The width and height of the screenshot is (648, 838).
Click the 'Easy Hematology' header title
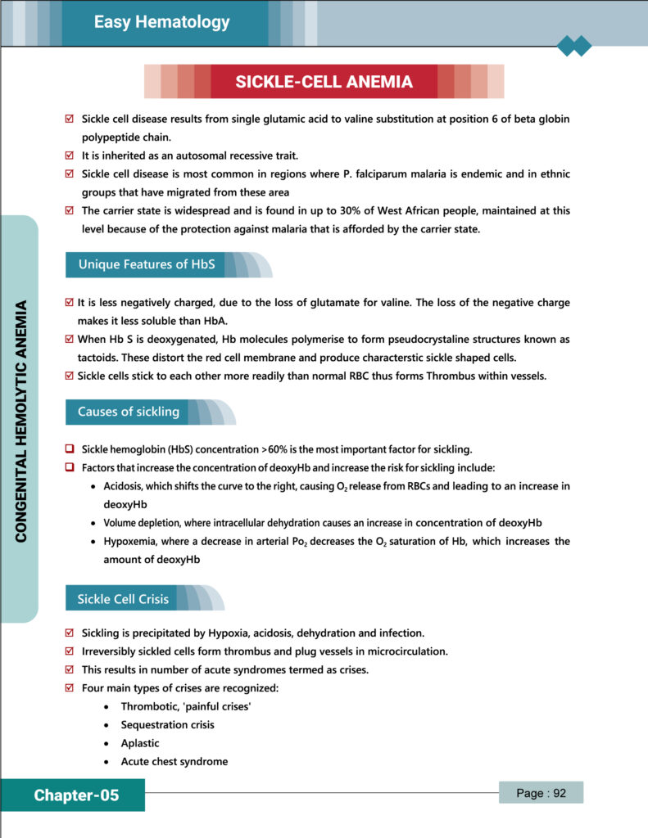tap(161, 22)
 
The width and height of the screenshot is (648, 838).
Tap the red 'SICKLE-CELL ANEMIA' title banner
tap(324, 82)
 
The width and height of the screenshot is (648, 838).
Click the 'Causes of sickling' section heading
tap(128, 412)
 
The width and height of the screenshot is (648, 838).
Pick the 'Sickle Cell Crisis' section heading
tap(123, 598)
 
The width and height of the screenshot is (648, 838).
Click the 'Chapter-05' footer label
tap(76, 795)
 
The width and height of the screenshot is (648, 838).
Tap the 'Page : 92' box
tap(542, 793)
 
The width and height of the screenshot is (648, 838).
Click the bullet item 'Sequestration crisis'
tap(167, 725)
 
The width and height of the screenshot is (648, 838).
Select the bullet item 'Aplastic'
tap(140, 743)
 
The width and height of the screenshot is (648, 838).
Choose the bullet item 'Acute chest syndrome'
tap(174, 761)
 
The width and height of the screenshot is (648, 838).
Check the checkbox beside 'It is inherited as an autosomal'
tap(70, 155)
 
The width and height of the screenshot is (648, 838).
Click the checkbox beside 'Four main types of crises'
tap(70, 688)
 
